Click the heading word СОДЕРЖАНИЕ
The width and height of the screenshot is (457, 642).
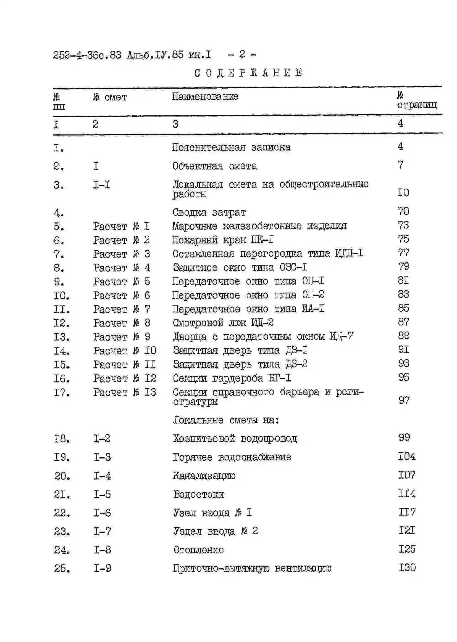[x=248, y=73]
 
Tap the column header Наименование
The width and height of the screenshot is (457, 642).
[x=205, y=97]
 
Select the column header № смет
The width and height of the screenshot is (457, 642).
[x=110, y=97]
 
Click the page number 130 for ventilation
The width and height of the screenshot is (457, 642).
[x=407, y=568]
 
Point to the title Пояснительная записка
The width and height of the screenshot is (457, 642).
[x=231, y=147]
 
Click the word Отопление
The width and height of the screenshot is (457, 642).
[x=199, y=550]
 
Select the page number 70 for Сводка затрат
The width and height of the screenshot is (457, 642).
[x=403, y=211]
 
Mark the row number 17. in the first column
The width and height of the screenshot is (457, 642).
[x=62, y=392]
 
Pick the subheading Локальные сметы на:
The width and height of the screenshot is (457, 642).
[x=226, y=420]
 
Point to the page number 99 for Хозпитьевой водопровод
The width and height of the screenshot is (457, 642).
[x=404, y=438]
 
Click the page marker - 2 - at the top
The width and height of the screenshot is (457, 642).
[x=242, y=54]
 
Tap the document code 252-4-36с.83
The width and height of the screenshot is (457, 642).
[x=87, y=55]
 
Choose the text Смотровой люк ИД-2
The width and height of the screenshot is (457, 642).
[x=223, y=323]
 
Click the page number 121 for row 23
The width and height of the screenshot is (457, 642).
[x=407, y=531]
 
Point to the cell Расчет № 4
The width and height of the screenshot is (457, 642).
[x=122, y=268]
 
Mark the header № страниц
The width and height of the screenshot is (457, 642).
[x=416, y=101]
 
